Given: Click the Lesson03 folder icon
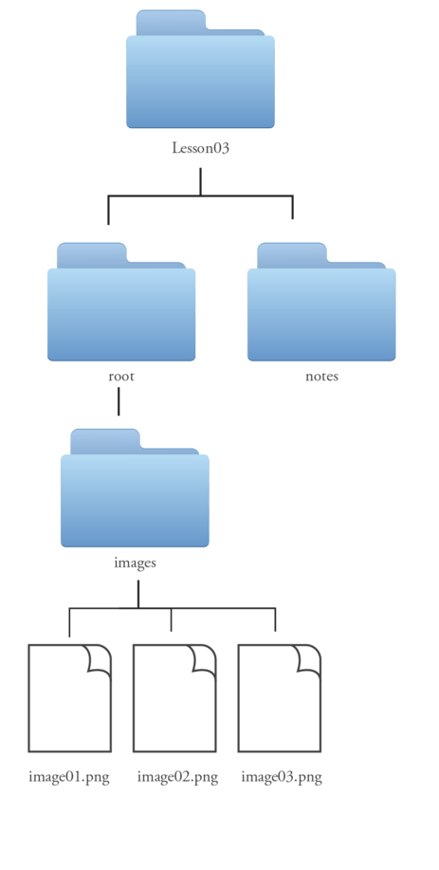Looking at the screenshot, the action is (200, 69).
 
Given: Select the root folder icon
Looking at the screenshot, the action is (121, 302).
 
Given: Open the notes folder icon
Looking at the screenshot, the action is (321, 302).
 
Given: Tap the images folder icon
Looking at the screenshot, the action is (135, 488).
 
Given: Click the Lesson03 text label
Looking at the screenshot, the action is (200, 148).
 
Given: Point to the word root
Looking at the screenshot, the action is (121, 377).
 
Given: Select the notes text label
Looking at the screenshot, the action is (321, 377).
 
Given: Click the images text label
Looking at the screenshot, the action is (136, 563).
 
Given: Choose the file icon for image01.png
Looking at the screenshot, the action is (70, 698).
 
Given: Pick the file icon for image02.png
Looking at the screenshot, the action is (174, 698).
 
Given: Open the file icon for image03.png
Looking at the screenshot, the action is (280, 698).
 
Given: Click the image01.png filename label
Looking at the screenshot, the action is (69, 777).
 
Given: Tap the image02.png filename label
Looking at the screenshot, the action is (177, 777).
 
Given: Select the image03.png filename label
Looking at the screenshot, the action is (282, 777).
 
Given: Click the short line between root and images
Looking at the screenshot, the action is (119, 401).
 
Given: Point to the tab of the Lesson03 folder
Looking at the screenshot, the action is (172, 21).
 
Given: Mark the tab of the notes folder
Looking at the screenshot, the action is (292, 254).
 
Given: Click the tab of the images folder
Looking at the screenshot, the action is (105, 440).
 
